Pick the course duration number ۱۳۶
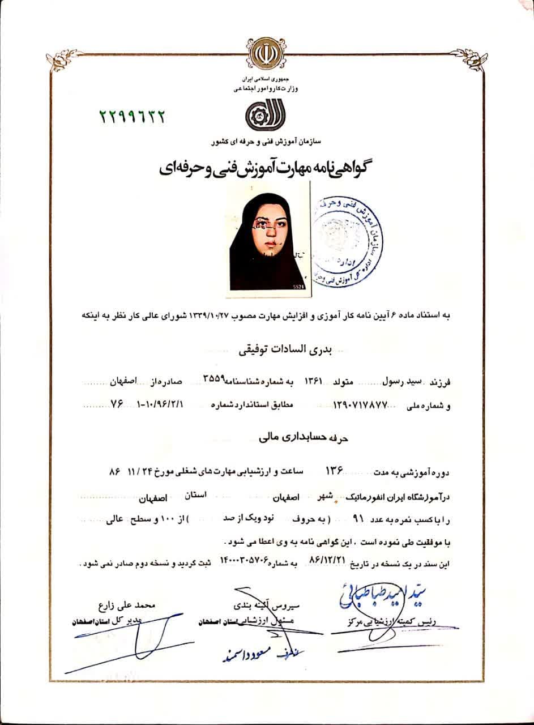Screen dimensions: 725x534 coord(334,471)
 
